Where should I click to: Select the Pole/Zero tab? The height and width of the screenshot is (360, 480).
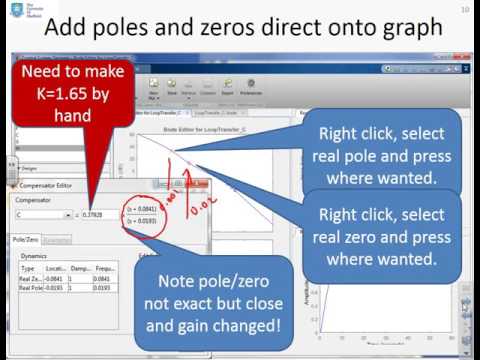tap(26, 240)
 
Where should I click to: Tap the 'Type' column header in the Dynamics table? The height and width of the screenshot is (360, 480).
tap(27, 269)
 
